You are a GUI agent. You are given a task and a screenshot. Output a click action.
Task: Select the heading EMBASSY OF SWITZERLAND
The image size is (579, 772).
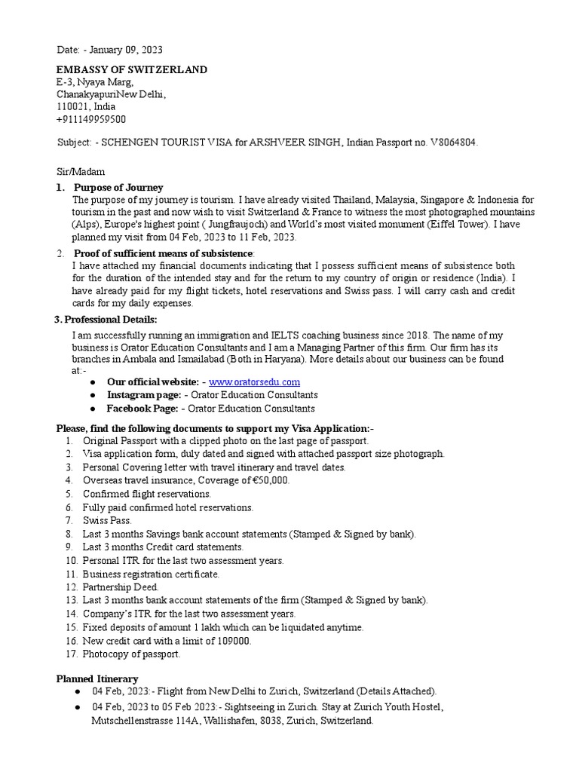[x=132, y=70]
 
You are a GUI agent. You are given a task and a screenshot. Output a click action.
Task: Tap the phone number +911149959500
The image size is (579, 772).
[x=91, y=119]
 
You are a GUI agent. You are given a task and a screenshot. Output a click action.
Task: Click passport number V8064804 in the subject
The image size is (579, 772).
[x=449, y=142]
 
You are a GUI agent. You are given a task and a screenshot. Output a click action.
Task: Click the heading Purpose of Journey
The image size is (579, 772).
[x=118, y=187]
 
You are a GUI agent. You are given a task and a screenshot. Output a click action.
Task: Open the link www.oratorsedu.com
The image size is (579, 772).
[x=254, y=382]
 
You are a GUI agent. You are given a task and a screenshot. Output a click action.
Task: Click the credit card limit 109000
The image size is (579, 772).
[x=231, y=641]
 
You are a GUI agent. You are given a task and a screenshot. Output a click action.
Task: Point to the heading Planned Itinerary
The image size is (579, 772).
[x=97, y=679]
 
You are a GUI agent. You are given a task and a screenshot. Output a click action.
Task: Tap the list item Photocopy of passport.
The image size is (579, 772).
[x=131, y=654]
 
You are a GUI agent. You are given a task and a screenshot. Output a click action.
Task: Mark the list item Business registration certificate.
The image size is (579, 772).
[x=151, y=574]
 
